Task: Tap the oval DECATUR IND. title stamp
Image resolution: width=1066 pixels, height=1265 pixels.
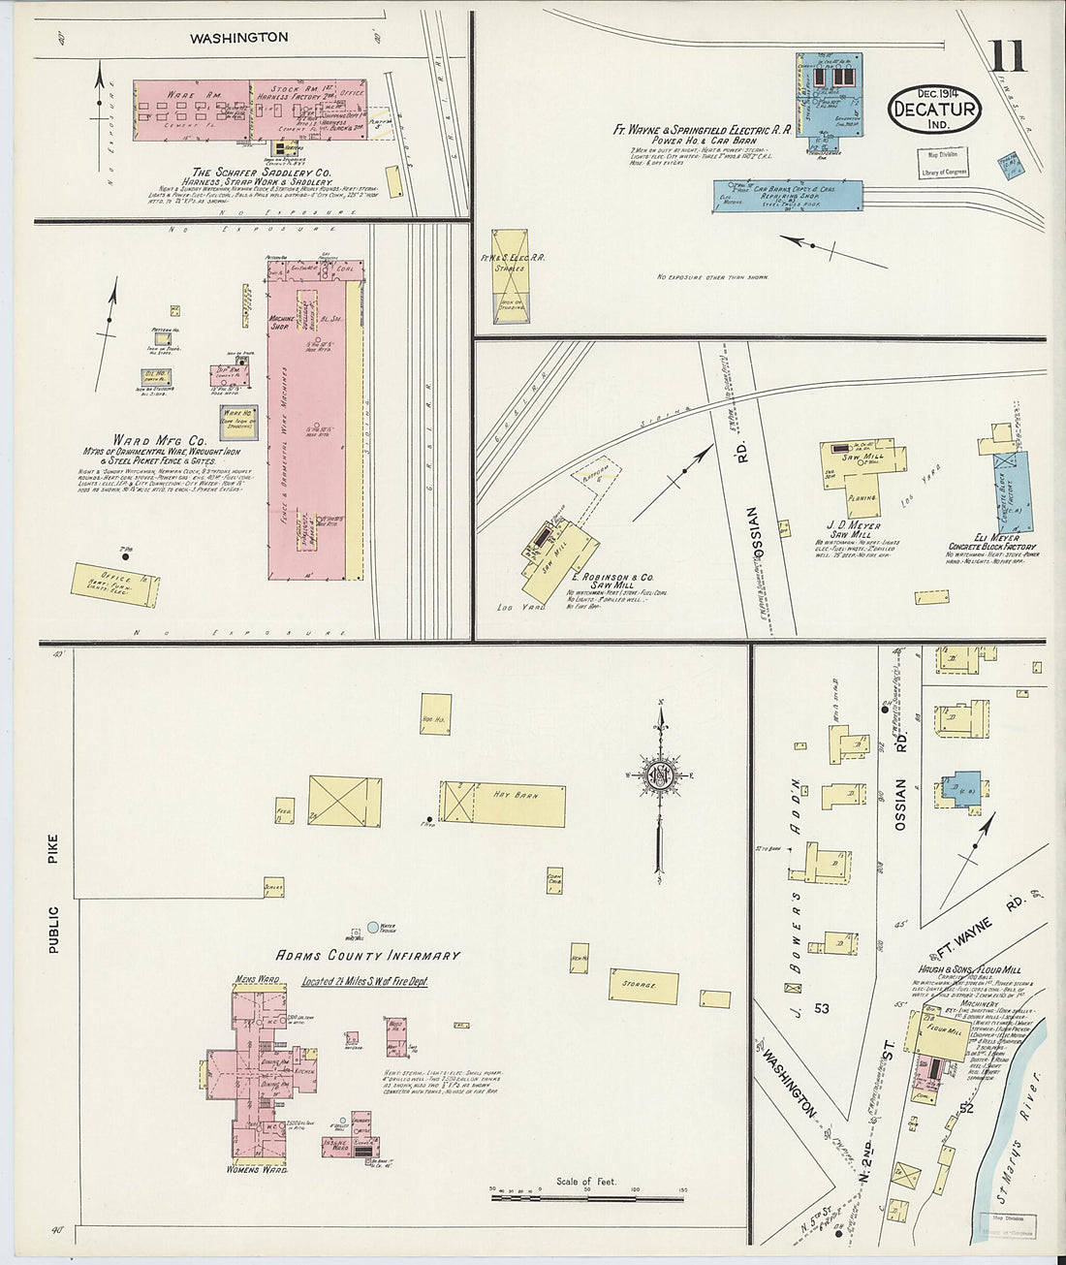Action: [x=934, y=108]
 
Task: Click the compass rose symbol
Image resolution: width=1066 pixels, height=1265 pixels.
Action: [x=659, y=775]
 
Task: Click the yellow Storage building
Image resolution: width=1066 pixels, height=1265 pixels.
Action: [x=643, y=985]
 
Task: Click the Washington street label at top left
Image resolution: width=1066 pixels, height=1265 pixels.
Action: [x=238, y=38]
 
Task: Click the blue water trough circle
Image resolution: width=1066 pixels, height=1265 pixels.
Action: [x=373, y=927]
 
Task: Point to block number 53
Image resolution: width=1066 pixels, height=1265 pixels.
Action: [x=822, y=1009]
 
